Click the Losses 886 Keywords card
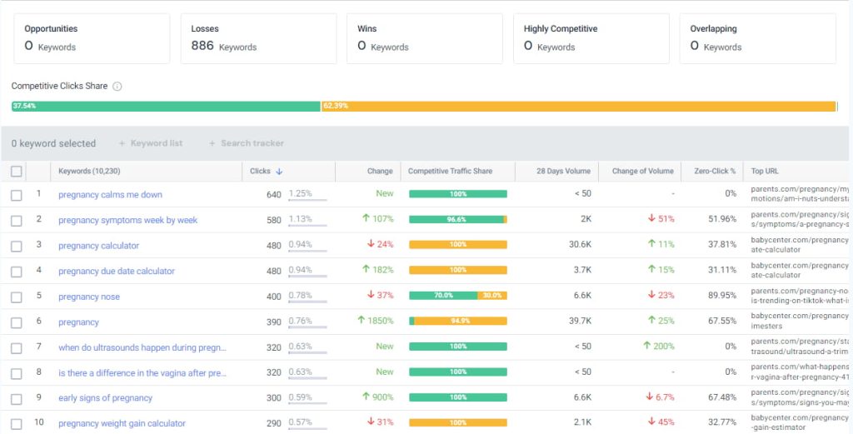pos(257,38)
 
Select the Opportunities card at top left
pos(91,38)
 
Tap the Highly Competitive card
pos(591,38)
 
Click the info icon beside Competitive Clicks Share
pos(117,87)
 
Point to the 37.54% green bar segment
pos(166,107)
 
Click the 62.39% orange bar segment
pos(578,107)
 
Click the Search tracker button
pos(247,143)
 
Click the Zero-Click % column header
pos(710,172)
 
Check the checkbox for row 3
pos(17,246)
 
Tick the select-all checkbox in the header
pos(17,172)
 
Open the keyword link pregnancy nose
pos(89,297)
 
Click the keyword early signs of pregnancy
pos(105,398)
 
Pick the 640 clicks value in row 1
pos(273,195)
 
